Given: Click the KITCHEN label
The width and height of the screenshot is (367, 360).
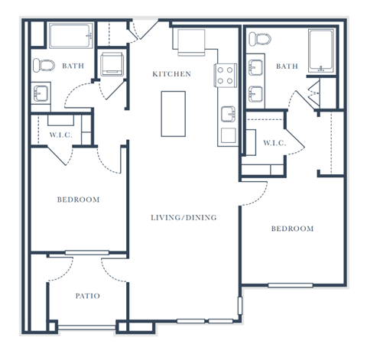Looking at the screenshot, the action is [171, 74].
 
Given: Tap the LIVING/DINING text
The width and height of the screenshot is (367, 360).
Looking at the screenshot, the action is [183, 218].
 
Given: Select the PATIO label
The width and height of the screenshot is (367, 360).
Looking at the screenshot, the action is [88, 296].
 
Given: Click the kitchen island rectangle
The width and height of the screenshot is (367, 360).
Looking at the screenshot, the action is [174, 114].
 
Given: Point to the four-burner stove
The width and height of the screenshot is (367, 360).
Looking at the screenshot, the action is [226, 76].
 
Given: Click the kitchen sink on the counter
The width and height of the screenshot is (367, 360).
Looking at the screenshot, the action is [228, 114].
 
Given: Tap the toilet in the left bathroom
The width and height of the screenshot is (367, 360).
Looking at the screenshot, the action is [44, 65].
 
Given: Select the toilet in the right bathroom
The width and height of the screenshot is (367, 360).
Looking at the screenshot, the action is [260, 39].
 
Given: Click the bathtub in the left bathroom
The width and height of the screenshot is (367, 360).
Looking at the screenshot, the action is [71, 36].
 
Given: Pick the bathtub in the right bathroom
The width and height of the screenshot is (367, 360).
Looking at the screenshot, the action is [321, 51].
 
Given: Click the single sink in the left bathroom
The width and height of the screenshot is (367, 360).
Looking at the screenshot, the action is [41, 93].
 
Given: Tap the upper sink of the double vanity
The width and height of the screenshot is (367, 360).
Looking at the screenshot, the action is [255, 67].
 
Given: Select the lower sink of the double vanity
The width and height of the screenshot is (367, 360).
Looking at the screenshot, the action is [255, 94].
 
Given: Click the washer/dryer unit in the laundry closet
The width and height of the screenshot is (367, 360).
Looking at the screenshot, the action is [112, 64].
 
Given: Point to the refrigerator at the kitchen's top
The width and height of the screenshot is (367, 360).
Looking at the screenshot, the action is [191, 42].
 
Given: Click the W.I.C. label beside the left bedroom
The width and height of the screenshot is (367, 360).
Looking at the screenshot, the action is [61, 135].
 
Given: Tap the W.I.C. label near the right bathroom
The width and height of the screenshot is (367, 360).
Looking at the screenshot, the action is [274, 143].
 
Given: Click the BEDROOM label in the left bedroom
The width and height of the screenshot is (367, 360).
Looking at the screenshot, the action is [78, 199].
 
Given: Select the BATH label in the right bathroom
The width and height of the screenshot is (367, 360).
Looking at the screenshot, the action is [287, 66].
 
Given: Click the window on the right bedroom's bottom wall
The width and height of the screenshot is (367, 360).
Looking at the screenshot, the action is [291, 285].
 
